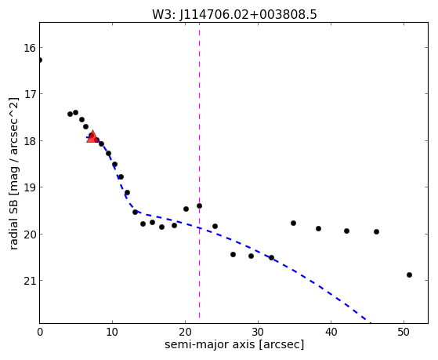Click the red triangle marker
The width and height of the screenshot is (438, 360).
92,136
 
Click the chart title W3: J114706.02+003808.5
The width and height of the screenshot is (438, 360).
234,14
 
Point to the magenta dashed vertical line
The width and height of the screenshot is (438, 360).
199,170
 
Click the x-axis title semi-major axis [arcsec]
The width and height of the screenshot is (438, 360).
234,344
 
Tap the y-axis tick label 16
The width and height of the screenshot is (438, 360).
30,48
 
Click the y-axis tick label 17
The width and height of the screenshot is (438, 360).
30,94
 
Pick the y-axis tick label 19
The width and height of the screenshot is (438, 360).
30,187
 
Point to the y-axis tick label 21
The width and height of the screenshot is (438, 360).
30,281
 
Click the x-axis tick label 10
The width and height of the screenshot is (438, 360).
112,332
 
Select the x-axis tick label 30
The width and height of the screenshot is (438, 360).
258,332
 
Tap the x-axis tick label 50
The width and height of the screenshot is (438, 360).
404,332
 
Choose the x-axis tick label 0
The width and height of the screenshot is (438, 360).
40,332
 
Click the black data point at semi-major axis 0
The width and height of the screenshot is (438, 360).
40,60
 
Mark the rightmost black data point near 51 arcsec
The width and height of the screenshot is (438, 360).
409,275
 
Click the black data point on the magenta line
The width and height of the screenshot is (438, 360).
199,205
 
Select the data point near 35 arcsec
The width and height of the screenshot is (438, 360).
293,224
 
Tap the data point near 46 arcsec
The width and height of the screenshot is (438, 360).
376,232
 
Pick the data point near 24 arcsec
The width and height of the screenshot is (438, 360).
215,227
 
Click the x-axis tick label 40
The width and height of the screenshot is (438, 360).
331,332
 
